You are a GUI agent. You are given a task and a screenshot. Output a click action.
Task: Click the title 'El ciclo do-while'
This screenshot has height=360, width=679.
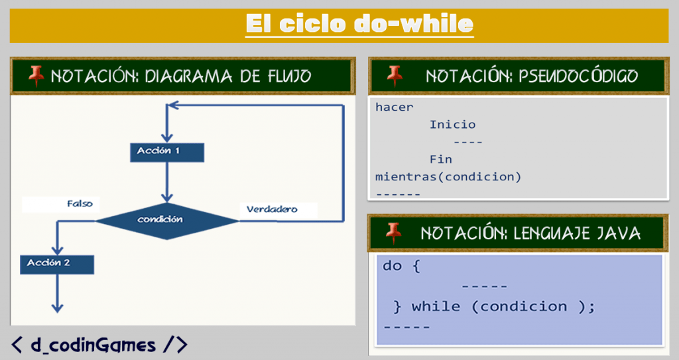pyautogui.click(x=359, y=25)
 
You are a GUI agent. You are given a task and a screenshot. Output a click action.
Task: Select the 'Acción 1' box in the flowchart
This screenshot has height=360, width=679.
pyautogui.click(x=167, y=151)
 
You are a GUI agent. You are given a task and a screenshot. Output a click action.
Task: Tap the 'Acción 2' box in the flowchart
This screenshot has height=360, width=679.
pyautogui.click(x=57, y=263)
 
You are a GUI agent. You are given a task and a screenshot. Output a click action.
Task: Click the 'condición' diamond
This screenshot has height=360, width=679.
pyautogui.click(x=167, y=219)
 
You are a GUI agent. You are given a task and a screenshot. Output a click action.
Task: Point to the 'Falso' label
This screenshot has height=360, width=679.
pyautogui.click(x=80, y=204)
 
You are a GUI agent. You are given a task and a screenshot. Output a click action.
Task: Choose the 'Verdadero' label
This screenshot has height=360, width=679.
pyautogui.click(x=272, y=210)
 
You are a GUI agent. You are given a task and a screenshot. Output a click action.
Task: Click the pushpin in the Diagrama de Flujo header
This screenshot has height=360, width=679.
pyautogui.click(x=36, y=76)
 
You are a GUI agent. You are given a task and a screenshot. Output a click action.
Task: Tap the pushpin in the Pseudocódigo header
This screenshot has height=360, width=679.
pyautogui.click(x=395, y=75)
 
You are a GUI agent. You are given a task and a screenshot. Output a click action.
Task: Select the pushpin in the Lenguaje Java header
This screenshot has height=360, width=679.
pyautogui.click(x=394, y=232)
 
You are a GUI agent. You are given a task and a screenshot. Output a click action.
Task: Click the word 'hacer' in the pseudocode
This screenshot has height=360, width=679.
pyautogui.click(x=394, y=107)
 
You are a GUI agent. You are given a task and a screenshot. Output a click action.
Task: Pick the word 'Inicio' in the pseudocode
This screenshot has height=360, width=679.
pyautogui.click(x=452, y=125)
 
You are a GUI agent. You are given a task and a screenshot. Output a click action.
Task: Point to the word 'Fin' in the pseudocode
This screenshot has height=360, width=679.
pyautogui.click(x=440, y=160)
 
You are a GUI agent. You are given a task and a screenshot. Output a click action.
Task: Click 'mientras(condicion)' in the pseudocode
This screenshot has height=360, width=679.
pyautogui.click(x=448, y=177)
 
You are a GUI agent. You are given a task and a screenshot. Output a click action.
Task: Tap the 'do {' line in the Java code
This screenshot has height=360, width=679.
pyautogui.click(x=402, y=266)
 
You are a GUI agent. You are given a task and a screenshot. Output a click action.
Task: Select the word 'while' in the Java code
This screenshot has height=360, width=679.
pyautogui.click(x=436, y=306)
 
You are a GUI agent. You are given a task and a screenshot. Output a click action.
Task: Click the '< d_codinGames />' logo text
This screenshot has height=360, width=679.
pyautogui.click(x=99, y=344)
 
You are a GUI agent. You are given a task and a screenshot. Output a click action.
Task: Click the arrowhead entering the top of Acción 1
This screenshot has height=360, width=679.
pyautogui.click(x=167, y=137)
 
